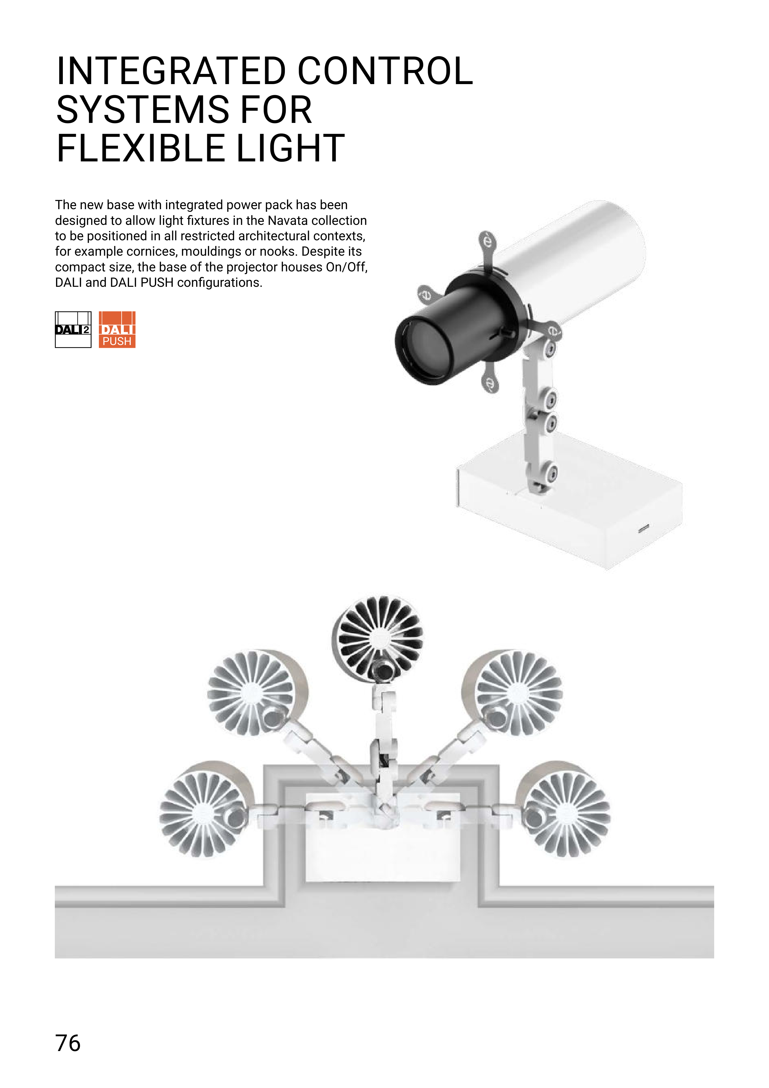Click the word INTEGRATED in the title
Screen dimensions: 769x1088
(171, 71)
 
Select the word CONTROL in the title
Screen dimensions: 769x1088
(385, 71)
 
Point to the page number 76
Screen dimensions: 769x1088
(68, 1043)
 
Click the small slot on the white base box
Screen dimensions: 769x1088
(643, 528)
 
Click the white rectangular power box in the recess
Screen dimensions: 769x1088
(383, 843)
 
